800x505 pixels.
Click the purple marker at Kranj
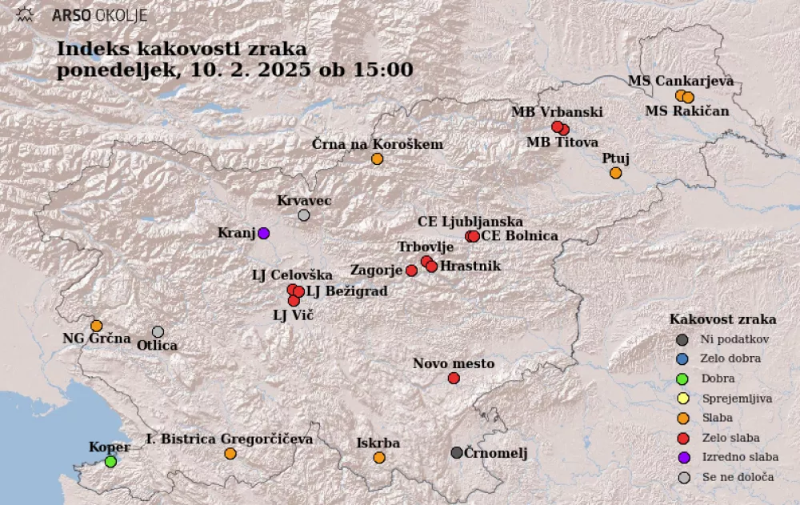pos(263,233)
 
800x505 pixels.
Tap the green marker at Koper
pos(110,461)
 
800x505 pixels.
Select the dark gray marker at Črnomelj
pos(457,453)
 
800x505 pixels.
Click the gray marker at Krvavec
pos(304,215)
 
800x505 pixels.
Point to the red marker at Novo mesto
pos(454,378)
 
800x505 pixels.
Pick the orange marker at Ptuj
pos(615,173)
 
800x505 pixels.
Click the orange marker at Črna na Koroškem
pos(377,158)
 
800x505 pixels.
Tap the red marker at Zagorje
pos(411,271)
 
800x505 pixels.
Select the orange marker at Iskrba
pos(379,458)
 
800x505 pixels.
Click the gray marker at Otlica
pos(158,332)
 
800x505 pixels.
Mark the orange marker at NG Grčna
pos(96,326)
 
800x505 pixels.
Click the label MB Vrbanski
pos(557,112)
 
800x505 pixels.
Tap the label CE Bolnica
pos(520,236)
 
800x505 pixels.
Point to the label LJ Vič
pos(293,315)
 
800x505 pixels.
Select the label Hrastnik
pos(470,266)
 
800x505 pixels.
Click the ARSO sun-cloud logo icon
pos(26,14)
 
